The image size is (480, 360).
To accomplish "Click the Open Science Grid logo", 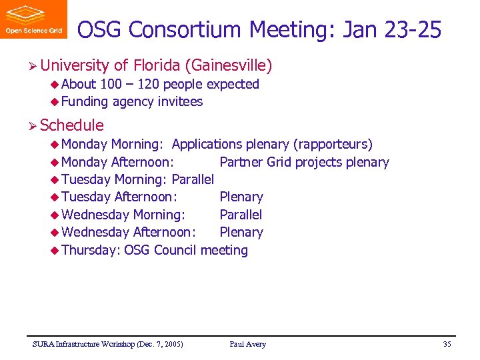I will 33,19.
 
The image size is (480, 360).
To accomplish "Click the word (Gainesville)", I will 229,65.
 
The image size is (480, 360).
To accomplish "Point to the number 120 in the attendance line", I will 148,84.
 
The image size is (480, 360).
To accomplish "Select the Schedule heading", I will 71,125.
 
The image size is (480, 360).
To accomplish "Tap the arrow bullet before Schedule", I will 32,125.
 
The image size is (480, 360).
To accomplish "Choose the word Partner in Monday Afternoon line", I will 241,162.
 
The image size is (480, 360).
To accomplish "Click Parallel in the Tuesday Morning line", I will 193,179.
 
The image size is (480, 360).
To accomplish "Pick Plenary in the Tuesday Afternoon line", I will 241,197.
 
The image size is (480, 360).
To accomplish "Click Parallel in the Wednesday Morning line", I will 241,215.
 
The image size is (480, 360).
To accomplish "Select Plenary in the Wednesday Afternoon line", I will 241,232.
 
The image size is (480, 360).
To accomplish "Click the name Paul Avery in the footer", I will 247,344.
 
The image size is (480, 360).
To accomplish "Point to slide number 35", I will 447,344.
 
